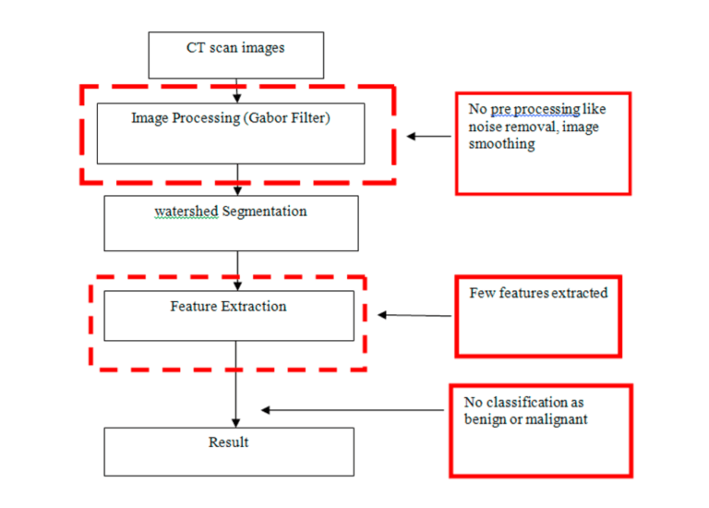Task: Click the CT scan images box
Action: point(236,54)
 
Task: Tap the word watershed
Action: point(186,212)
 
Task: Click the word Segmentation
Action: point(265,212)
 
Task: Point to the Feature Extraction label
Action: point(228,306)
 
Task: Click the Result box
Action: point(228,451)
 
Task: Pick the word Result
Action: point(228,442)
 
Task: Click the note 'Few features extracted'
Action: point(538,293)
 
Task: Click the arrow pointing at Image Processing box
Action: point(429,137)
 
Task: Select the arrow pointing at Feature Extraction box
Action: point(415,315)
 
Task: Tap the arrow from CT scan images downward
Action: point(237,90)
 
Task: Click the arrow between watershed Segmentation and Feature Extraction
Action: point(237,270)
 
